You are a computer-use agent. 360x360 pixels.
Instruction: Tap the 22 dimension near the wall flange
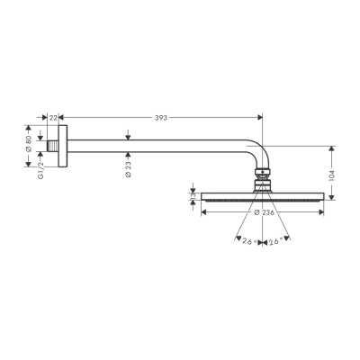click(x=53, y=117)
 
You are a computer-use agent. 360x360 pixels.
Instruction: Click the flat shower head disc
click(x=262, y=195)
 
